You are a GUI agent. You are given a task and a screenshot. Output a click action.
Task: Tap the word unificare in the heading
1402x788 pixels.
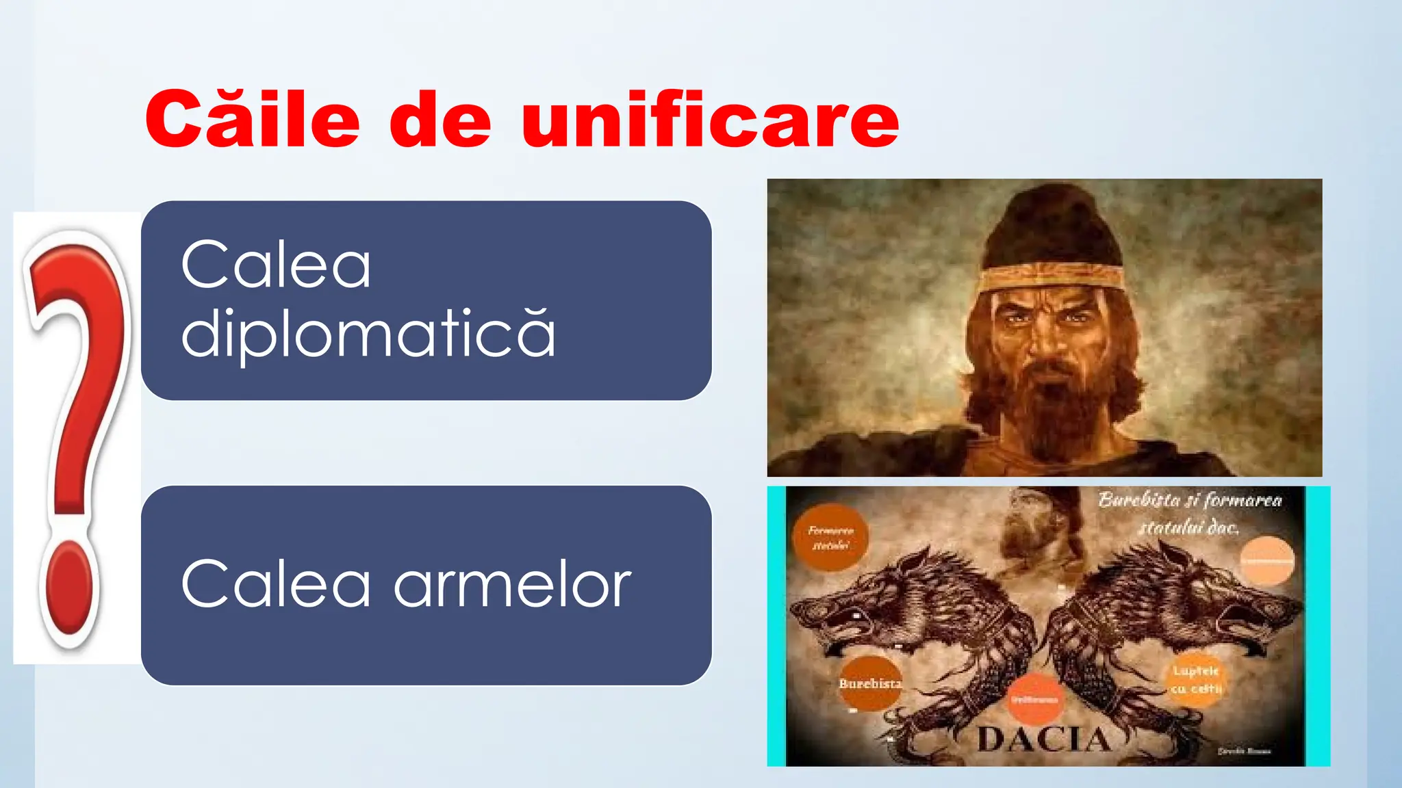(x=710, y=120)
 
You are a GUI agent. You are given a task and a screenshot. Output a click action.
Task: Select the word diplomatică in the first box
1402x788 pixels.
(x=368, y=334)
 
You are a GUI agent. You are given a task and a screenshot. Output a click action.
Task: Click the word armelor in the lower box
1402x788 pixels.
(x=512, y=584)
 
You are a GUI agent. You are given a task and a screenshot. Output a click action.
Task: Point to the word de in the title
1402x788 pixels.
(x=440, y=120)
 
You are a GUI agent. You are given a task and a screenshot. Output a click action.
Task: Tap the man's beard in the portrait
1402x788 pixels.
(x=1047, y=410)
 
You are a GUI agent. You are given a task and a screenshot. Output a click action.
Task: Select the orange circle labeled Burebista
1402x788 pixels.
(x=869, y=683)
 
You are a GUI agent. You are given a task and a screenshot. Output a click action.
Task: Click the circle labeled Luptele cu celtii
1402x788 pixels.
(x=1195, y=679)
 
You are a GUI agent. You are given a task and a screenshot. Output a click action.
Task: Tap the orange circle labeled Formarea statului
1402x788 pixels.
(x=830, y=538)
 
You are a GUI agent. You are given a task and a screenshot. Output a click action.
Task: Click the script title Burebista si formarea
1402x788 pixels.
(x=1190, y=501)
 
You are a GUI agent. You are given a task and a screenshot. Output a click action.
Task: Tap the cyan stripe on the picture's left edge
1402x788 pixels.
(x=776, y=626)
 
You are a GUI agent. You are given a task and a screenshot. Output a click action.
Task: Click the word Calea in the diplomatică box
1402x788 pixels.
(x=276, y=265)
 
